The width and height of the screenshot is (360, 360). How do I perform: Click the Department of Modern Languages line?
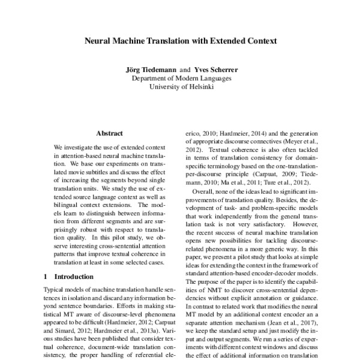point(179,78)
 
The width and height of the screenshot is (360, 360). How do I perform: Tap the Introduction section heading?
point(74,277)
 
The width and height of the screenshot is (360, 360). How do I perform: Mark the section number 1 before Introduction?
point(47,277)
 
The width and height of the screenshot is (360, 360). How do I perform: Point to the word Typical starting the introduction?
point(56,290)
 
